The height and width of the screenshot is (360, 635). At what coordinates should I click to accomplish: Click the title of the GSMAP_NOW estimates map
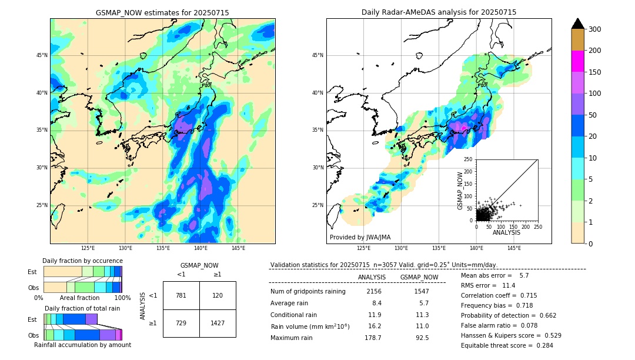point(162,12)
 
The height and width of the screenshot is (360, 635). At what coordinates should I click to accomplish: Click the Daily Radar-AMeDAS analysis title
point(439,12)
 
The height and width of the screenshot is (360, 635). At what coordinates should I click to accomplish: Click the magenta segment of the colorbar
point(577,61)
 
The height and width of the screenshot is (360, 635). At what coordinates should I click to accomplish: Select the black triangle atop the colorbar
point(577,24)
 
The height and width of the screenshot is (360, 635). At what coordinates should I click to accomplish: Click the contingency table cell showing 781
point(181,295)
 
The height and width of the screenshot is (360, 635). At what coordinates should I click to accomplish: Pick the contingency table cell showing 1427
point(218,324)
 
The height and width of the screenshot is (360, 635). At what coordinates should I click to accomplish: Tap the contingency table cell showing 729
point(181,324)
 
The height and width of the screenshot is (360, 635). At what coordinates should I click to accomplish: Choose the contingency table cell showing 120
point(218,295)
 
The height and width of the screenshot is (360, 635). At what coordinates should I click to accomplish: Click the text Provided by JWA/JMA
point(360,238)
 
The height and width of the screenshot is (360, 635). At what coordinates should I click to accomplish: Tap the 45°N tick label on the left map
point(42,55)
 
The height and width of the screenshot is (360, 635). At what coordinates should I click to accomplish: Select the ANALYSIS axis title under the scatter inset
point(506,232)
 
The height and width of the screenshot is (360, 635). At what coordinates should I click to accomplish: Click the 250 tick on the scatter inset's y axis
point(469,159)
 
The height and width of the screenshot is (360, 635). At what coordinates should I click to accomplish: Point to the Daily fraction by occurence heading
point(82,261)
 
